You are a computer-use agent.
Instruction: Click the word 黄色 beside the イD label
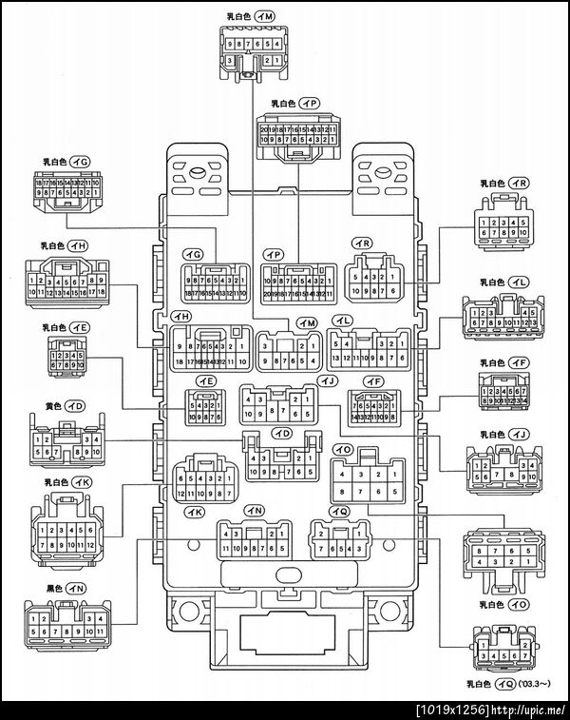point(53,405)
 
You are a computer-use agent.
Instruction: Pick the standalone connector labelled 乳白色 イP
point(297,133)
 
